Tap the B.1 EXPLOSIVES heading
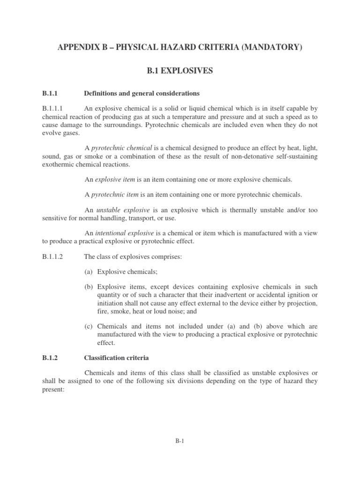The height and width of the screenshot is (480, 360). point(180,71)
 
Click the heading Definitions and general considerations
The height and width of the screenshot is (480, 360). point(135,93)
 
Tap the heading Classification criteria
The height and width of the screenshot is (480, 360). point(116,358)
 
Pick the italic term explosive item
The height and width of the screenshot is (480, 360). point(112,180)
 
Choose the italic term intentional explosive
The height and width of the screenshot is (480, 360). point(125,232)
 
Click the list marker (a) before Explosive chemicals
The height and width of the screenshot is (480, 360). point(89,271)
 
